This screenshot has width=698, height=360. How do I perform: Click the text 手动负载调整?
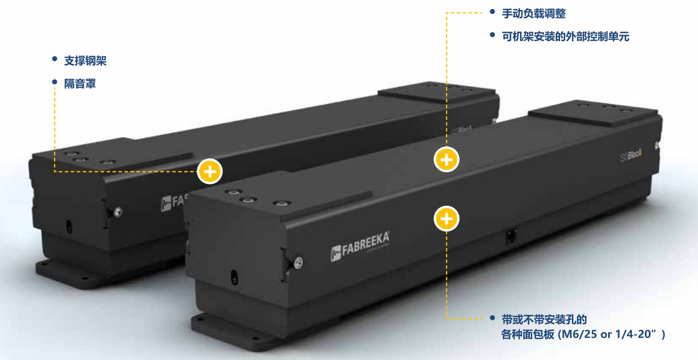coord(534,14)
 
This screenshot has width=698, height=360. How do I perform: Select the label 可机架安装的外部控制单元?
coord(566,37)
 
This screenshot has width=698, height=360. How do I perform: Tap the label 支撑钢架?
coord(85,61)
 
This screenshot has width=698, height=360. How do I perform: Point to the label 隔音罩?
coord(80,84)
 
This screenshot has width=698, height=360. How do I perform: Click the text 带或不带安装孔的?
coord(544,319)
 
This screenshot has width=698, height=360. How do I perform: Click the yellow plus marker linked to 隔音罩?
coord(210,172)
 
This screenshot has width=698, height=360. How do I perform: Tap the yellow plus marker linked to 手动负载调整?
coord(447,160)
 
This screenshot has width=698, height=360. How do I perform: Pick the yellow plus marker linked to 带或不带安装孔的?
coord(447,218)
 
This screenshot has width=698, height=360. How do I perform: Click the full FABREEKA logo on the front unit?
coord(360,246)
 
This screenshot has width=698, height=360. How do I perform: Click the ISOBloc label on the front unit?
coord(630,155)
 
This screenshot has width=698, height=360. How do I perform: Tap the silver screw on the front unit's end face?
coord(298,262)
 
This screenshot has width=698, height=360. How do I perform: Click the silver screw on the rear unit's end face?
coord(118,212)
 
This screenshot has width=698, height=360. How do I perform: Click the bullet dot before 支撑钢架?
coord(54,59)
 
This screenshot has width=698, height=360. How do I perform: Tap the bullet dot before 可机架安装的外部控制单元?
coord(493,34)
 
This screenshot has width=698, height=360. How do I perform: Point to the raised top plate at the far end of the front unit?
coord(594,112)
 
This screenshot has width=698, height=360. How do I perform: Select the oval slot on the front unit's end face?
coord(234,277)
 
